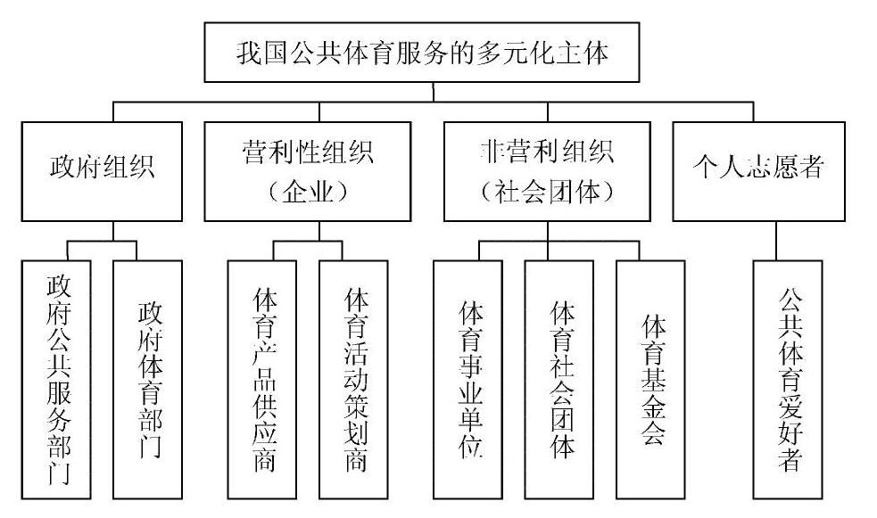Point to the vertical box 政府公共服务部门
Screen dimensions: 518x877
[x=58, y=378]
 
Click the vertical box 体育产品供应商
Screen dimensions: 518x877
[x=262, y=378]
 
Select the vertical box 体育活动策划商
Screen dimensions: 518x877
[x=353, y=378]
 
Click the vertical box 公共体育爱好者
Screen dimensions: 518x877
[x=788, y=378]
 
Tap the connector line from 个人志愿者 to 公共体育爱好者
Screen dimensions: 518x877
[x=777, y=241]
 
